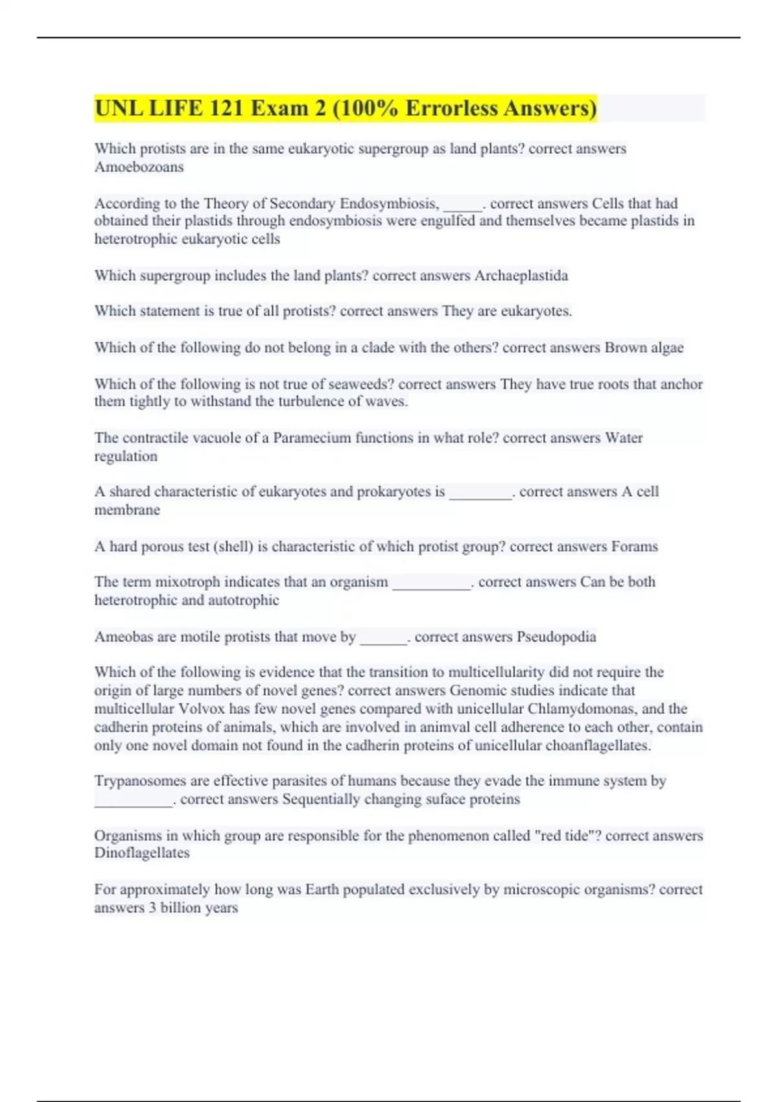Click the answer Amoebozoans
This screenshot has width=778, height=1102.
[139, 167]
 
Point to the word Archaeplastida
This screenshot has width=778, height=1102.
[521, 275]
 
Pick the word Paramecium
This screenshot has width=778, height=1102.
[316, 438]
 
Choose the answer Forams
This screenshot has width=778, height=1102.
[634, 546]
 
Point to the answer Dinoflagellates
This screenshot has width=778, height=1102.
[141, 853]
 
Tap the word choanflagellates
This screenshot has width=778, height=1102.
[595, 745]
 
